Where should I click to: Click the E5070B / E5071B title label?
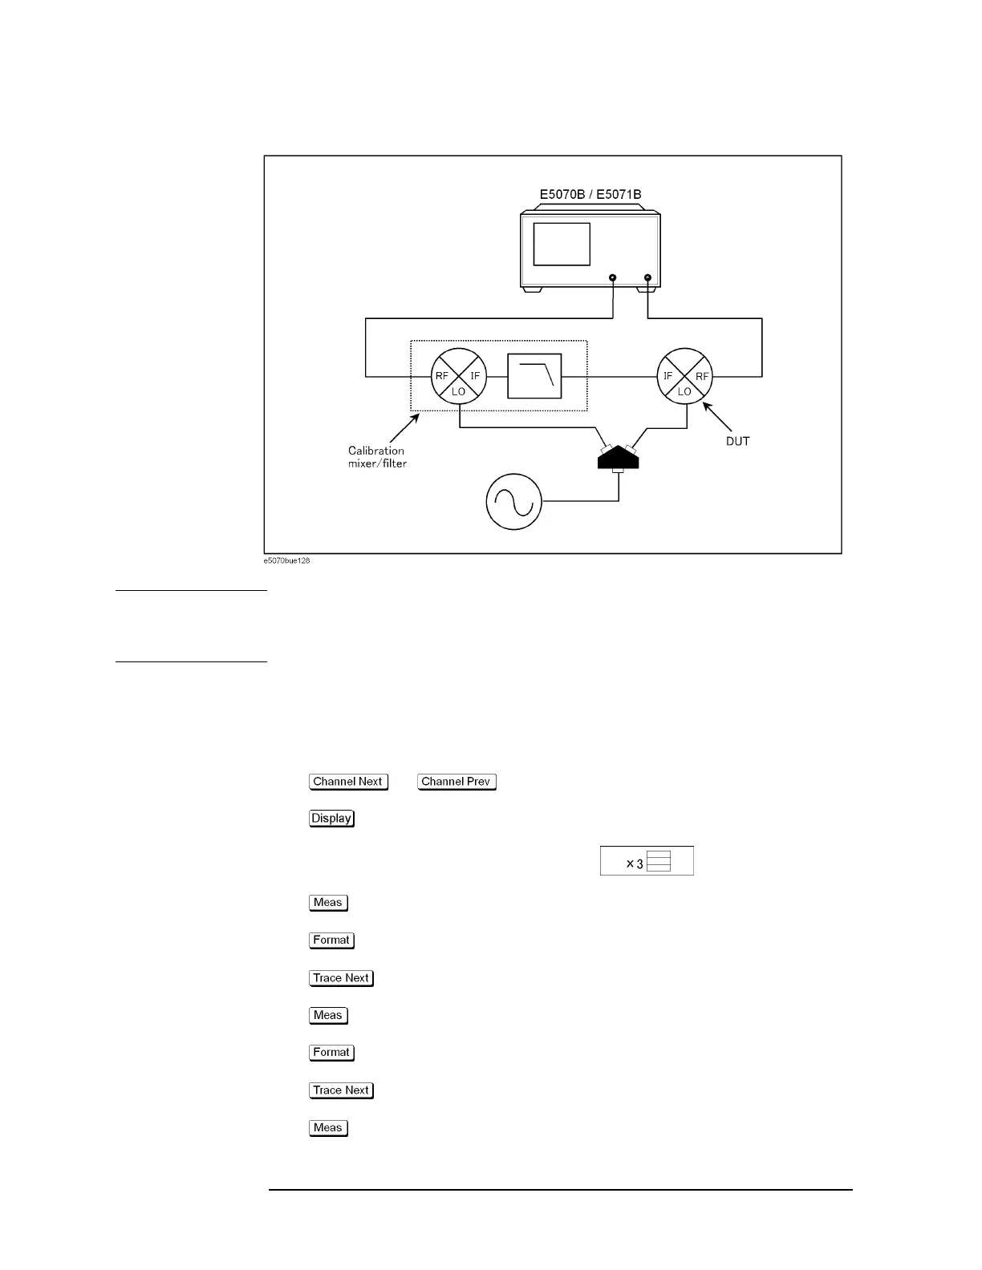pyautogui.click(x=590, y=194)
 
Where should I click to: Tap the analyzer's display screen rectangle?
pyautogui.click(x=562, y=245)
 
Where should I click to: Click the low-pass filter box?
pyautogui.click(x=534, y=376)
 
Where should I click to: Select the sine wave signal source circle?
pyautogui.click(x=514, y=502)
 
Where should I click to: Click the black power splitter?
pyautogui.click(x=618, y=459)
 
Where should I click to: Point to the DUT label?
pyautogui.click(x=737, y=441)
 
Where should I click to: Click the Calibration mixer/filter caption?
pyautogui.click(x=377, y=457)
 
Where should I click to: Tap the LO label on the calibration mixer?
pyautogui.click(x=459, y=391)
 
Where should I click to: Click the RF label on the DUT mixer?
pyautogui.click(x=702, y=376)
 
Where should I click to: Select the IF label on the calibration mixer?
pyautogui.click(x=475, y=376)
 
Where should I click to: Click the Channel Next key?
pyautogui.click(x=348, y=782)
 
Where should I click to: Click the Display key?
pyautogui.click(x=331, y=819)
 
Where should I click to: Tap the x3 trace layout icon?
pyautogui.click(x=647, y=861)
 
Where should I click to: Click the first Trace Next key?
pyautogui.click(x=341, y=978)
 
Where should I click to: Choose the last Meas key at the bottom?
pyautogui.click(x=328, y=1128)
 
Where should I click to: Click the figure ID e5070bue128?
pyautogui.click(x=286, y=560)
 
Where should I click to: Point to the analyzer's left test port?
pyautogui.click(x=613, y=278)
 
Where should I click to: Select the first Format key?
pyautogui.click(x=331, y=940)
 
